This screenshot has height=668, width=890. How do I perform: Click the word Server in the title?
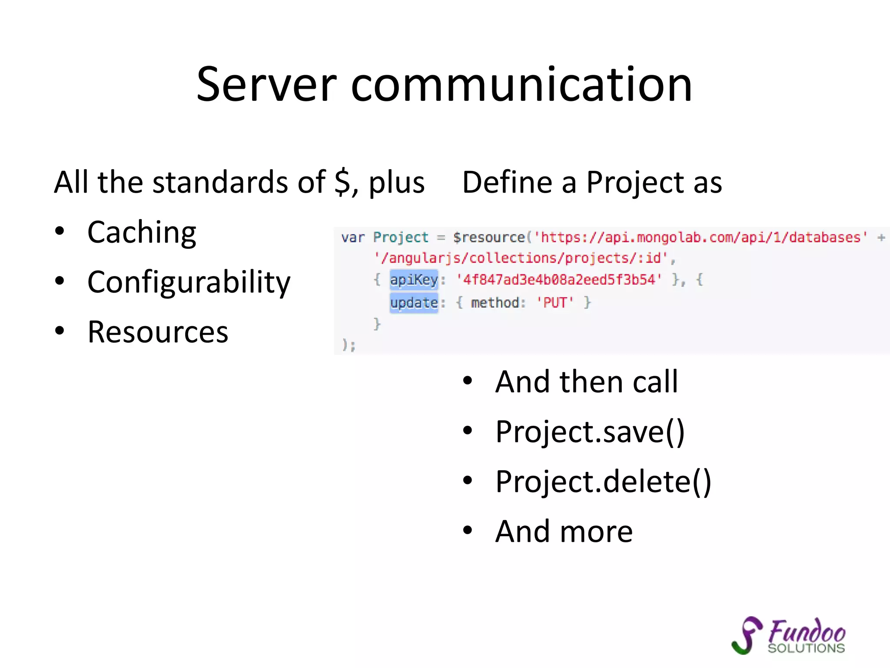click(266, 85)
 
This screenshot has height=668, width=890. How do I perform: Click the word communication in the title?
click(521, 85)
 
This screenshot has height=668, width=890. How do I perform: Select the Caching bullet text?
click(142, 232)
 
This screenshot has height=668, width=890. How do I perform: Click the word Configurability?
click(189, 282)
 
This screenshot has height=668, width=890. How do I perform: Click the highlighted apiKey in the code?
click(414, 280)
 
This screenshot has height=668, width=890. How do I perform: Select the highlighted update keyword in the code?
click(414, 302)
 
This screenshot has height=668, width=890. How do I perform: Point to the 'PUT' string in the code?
click(555, 302)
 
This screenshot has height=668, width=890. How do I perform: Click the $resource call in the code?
click(489, 237)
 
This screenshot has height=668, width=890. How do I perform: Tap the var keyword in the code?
click(352, 237)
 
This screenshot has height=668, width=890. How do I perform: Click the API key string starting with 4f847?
click(559, 280)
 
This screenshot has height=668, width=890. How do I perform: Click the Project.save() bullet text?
click(590, 432)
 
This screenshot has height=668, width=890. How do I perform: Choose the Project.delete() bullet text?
click(603, 482)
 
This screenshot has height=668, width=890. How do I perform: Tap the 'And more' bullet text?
click(564, 531)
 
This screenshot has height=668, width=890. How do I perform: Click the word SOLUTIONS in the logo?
click(806, 648)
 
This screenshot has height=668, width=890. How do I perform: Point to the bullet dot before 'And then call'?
click(467, 381)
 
